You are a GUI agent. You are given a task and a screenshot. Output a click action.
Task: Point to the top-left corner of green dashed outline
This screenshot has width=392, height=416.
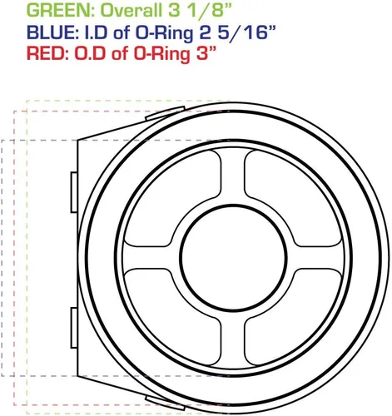[x=27, y=101]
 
